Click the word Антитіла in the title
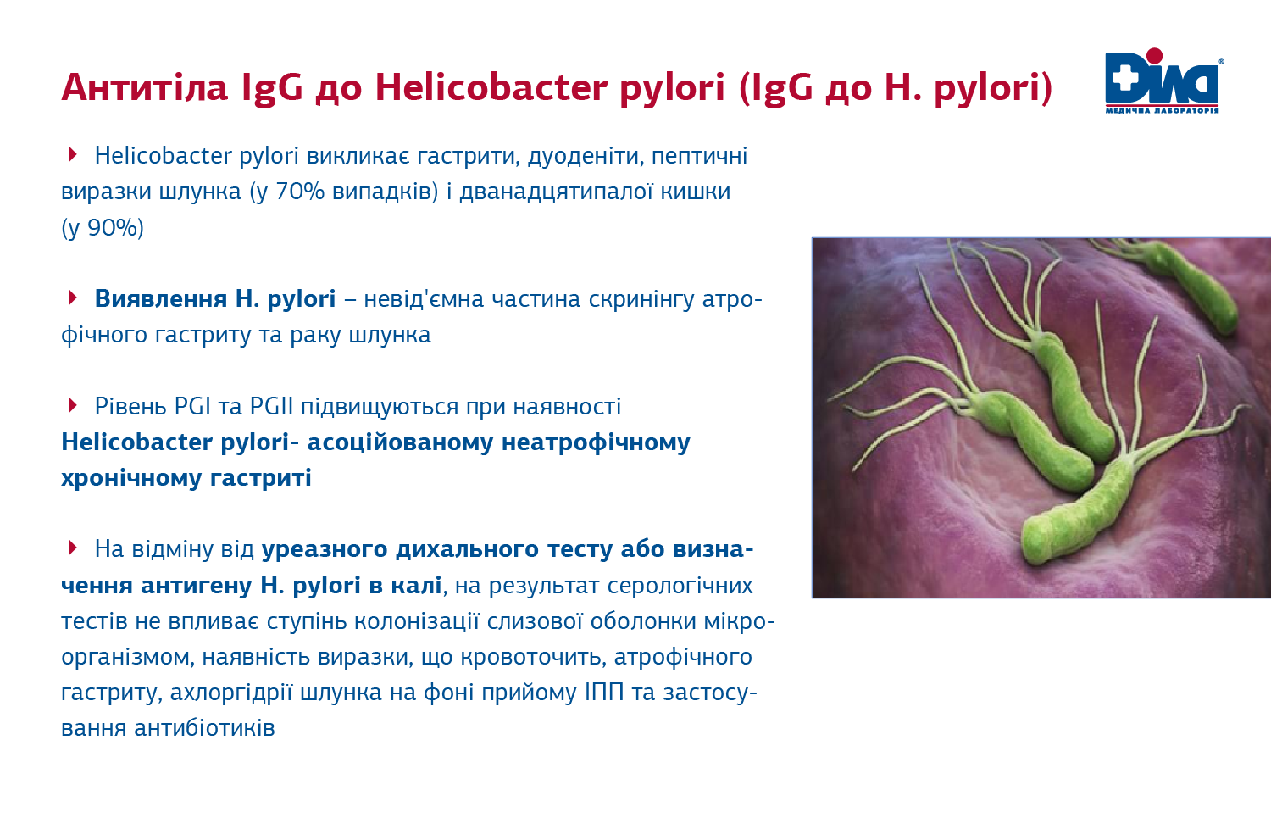click(144, 87)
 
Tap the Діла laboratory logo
click(1163, 81)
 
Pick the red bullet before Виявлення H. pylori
click(73, 298)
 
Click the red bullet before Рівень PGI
click(73, 405)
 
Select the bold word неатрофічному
click(596, 442)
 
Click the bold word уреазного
click(325, 549)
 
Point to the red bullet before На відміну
click(73, 548)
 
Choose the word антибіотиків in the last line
click(204, 728)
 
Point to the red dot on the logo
click(1154, 58)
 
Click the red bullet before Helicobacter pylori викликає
click(73, 154)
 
